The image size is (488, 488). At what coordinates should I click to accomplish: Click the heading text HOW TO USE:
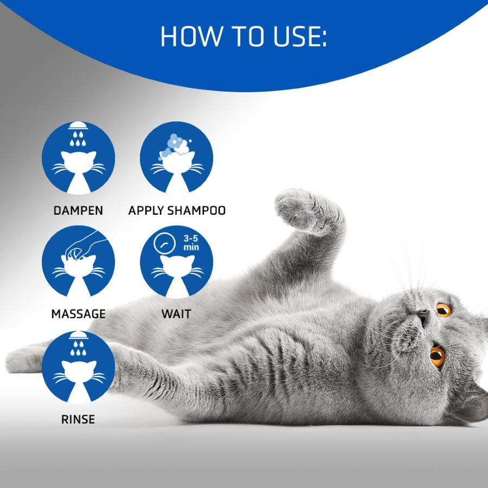click(x=243, y=36)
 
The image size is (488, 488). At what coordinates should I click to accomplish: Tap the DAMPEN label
click(x=78, y=210)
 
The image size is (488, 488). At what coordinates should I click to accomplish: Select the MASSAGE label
click(x=78, y=314)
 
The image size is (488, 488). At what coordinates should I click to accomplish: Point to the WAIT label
click(x=176, y=314)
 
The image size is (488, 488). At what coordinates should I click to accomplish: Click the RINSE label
click(x=78, y=419)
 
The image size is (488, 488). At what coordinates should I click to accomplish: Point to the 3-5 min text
click(x=190, y=243)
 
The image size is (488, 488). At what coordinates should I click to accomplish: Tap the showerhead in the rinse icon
click(x=78, y=336)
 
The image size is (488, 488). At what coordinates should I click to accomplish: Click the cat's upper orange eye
click(x=444, y=310)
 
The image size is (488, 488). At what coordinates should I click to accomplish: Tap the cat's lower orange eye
click(x=437, y=356)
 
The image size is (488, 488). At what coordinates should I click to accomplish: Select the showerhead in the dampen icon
click(x=78, y=126)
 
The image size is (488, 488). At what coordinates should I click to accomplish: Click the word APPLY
click(x=143, y=210)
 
